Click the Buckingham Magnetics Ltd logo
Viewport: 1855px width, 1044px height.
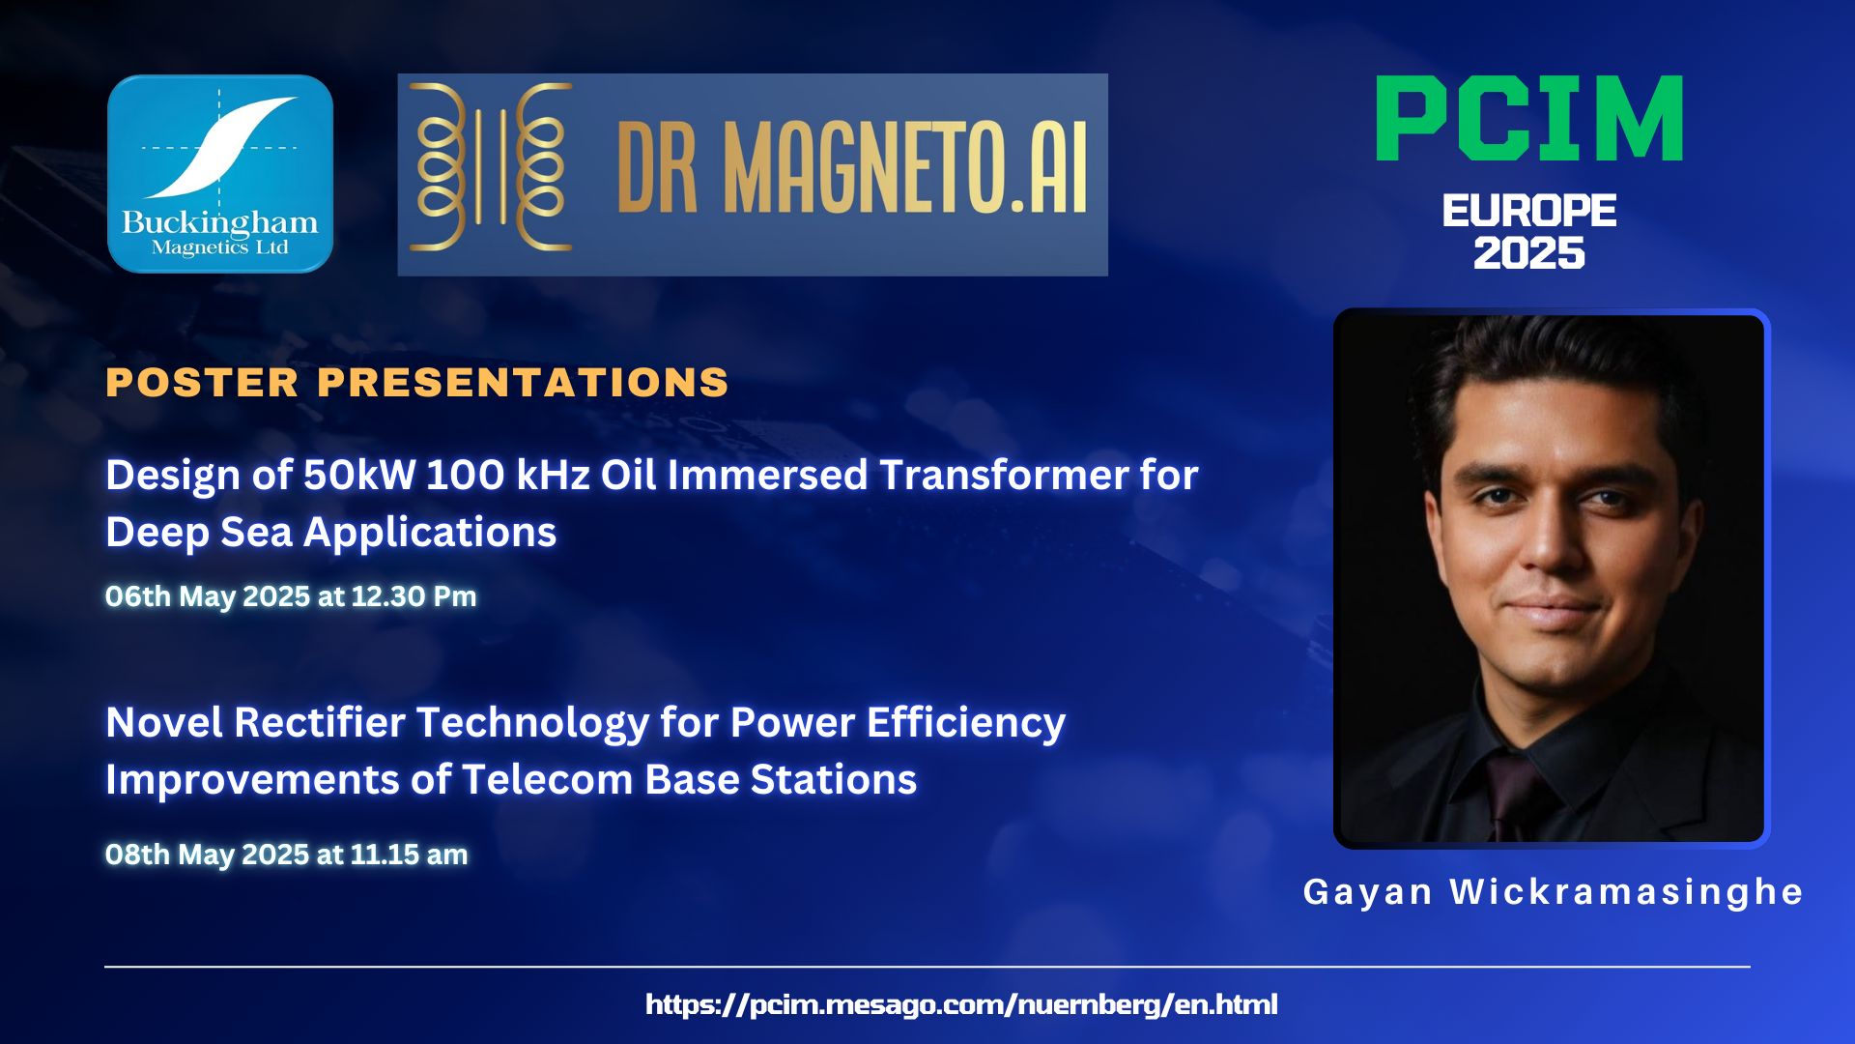(x=220, y=174)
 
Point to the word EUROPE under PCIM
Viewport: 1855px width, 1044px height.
(x=1529, y=211)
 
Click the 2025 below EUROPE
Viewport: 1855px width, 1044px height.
(x=1529, y=253)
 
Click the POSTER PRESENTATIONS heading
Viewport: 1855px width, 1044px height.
(x=417, y=383)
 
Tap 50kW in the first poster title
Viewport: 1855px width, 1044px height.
(x=359, y=475)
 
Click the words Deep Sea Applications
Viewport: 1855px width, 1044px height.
(x=331, y=533)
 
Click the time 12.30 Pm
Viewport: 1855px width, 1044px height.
(x=414, y=596)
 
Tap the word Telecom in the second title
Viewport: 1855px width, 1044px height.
(x=547, y=779)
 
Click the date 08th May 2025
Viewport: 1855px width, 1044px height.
(x=207, y=855)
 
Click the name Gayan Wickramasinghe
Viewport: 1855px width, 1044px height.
(x=1554, y=891)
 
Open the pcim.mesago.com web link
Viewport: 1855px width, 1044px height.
(x=961, y=1004)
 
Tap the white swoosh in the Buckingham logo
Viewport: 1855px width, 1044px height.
(x=220, y=145)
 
